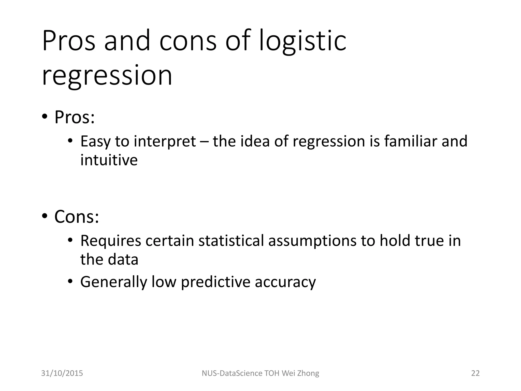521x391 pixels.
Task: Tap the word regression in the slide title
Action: click(x=107, y=75)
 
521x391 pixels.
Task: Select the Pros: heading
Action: click(x=75, y=117)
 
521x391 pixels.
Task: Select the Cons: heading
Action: click(x=77, y=217)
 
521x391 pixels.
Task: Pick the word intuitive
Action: click(x=109, y=160)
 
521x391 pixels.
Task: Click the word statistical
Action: click(x=231, y=241)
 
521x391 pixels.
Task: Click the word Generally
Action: click(x=114, y=282)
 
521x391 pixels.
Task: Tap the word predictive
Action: click(x=215, y=282)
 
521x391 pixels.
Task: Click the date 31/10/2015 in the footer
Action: click(x=62, y=373)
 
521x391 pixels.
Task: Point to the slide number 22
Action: click(x=475, y=373)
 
